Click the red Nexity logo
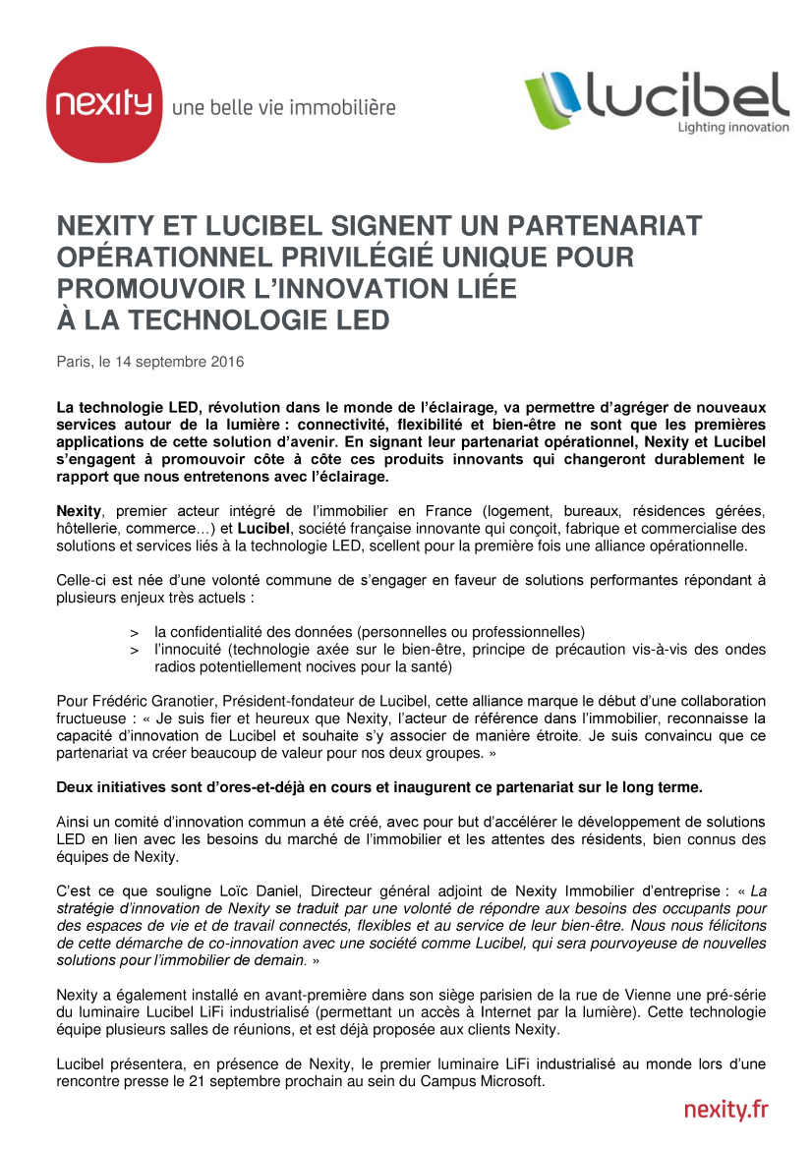coord(105,104)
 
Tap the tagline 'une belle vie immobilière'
coord(283,107)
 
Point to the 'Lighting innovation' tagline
coord(733,127)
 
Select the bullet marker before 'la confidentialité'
coord(135,631)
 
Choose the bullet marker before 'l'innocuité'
coord(135,650)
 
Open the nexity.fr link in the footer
coord(725,1110)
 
